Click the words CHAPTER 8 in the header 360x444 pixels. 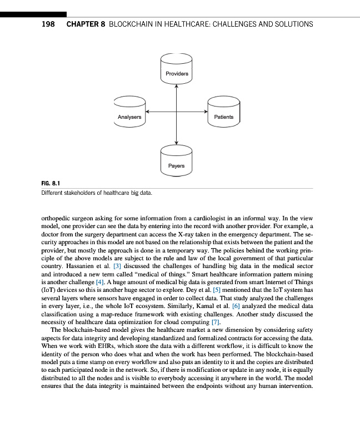[86, 24]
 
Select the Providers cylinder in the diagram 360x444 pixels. [177, 69]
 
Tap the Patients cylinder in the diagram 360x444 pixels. [223, 114]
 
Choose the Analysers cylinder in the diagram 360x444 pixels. [129, 114]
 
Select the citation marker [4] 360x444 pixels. [100, 282]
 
